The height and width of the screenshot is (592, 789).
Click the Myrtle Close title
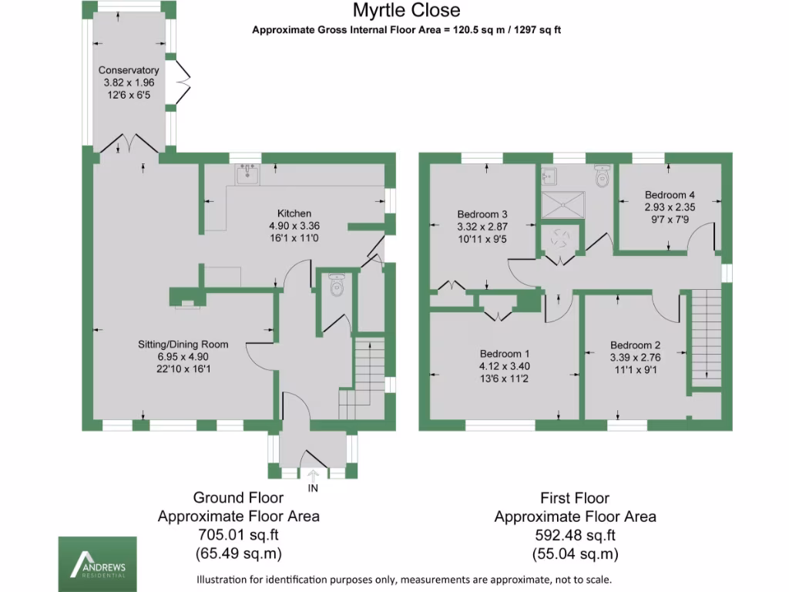click(407, 10)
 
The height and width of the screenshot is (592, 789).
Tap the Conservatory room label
click(129, 70)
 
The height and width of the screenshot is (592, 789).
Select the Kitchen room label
click(294, 214)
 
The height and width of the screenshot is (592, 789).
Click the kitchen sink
click(248, 175)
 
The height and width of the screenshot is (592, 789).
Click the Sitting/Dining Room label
click(183, 345)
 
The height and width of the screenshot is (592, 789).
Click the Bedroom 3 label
click(482, 214)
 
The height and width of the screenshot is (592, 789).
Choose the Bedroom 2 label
click(636, 345)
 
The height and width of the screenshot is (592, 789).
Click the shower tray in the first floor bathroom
click(564, 205)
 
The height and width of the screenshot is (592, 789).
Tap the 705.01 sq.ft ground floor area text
click(239, 535)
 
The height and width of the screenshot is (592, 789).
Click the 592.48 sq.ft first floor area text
click(575, 535)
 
